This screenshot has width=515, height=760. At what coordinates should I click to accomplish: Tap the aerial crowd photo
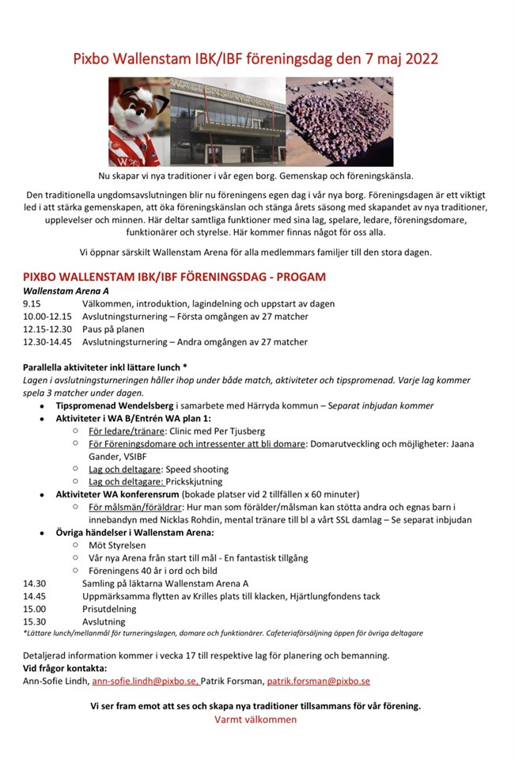[339, 121]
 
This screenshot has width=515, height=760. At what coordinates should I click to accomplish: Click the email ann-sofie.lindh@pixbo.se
[146, 681]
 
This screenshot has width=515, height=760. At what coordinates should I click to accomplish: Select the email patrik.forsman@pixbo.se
[319, 681]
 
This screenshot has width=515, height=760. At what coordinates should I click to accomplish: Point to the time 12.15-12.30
[47, 329]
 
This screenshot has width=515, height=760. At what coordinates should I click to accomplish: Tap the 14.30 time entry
[35, 583]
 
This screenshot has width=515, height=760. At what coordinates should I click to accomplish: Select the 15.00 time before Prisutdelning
[35, 609]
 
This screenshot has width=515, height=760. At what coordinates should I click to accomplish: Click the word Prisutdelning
[109, 609]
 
